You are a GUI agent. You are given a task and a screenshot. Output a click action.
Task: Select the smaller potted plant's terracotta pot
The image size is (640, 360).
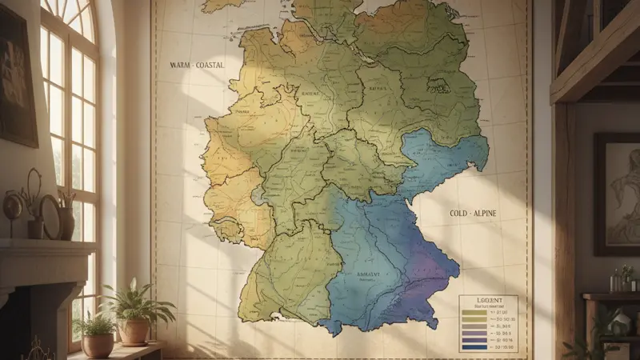[98, 344]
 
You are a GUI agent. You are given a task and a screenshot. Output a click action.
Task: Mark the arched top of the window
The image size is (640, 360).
[72, 16]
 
